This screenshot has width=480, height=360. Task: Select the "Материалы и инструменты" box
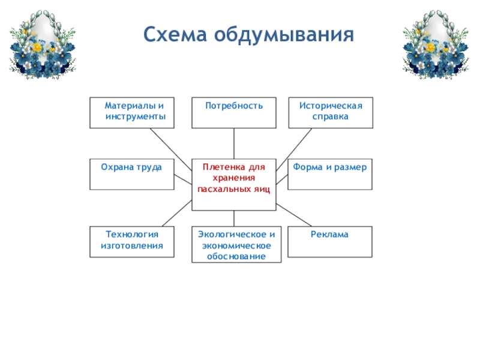(x=132, y=113)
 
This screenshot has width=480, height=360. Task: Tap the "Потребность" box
(x=234, y=113)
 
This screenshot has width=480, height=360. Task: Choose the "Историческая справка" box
(x=330, y=113)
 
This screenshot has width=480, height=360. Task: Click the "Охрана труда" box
(x=132, y=175)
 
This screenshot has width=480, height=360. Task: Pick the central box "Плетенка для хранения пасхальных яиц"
(x=234, y=184)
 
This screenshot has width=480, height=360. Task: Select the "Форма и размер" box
(x=330, y=175)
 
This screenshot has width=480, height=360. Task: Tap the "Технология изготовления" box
(x=132, y=242)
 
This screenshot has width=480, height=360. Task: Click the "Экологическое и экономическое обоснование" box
(x=234, y=245)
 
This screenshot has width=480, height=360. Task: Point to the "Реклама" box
(x=330, y=242)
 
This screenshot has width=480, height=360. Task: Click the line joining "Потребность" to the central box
(x=234, y=143)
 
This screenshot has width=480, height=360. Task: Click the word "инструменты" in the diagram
(x=136, y=117)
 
